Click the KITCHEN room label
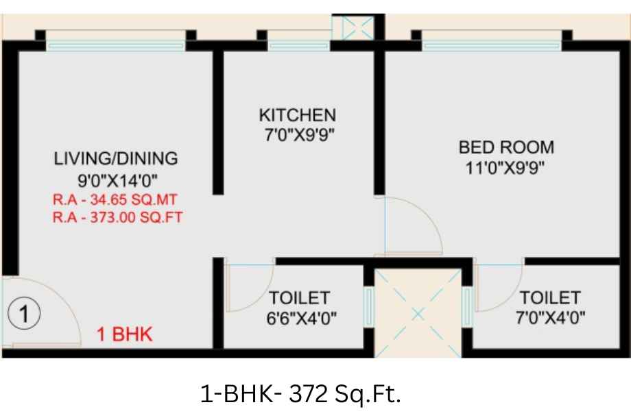[x=298, y=115]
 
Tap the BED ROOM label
[x=506, y=147]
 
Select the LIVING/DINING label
[x=116, y=158]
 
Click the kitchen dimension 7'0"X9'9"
[x=300, y=135]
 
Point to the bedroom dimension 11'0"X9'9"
[x=505, y=168]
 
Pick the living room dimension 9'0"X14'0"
[x=117, y=180]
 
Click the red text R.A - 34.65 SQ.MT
[x=115, y=200]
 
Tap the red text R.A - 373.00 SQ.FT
[x=118, y=217]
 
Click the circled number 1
[x=24, y=314]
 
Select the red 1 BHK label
[x=125, y=334]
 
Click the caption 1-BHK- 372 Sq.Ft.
[x=300, y=394]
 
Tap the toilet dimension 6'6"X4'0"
[x=301, y=319]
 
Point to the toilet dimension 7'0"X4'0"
[x=551, y=318]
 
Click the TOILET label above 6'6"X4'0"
[x=300, y=298]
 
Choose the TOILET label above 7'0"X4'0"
[x=550, y=298]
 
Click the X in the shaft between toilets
[x=418, y=314]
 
